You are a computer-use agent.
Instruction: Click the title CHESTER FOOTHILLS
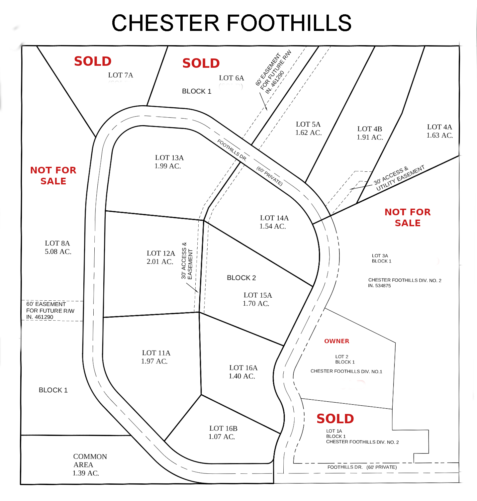232,23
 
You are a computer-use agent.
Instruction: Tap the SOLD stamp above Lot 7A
93,61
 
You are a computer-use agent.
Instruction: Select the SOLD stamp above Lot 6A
201,63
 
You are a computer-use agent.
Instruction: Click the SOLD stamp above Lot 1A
335,419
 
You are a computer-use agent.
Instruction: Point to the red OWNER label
336,341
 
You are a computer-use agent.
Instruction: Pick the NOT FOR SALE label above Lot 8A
53,175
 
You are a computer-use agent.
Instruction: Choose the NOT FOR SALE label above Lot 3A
408,217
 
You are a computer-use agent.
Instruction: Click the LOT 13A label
169,158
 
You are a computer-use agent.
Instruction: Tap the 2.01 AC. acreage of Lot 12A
160,262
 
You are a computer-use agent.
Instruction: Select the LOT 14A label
274,218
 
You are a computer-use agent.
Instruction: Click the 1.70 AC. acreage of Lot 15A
256,304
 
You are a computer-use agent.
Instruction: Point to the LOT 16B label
223,429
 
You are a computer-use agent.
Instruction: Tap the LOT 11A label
156,353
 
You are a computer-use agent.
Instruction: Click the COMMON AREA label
90,460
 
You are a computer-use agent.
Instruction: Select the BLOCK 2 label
241,278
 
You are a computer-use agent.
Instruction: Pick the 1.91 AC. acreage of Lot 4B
370,138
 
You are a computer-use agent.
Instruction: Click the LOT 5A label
308,124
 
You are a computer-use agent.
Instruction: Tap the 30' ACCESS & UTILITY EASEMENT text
399,178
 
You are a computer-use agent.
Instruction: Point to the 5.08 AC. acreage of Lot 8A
58,252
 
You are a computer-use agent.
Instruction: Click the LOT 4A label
439,127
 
